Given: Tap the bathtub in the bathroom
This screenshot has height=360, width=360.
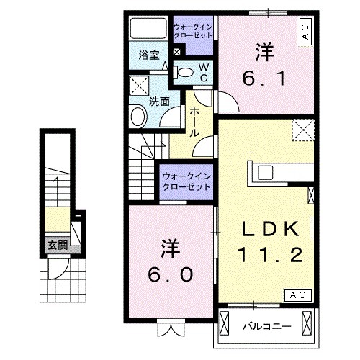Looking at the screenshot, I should tap(148, 30).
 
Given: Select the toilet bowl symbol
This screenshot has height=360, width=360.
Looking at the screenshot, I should tap(186, 71).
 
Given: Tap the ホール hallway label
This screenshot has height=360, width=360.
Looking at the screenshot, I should tap(195, 122).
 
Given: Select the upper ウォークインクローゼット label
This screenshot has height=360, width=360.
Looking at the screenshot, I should tap(192, 31).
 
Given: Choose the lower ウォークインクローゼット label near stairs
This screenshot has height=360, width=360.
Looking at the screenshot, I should tap(186, 179).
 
